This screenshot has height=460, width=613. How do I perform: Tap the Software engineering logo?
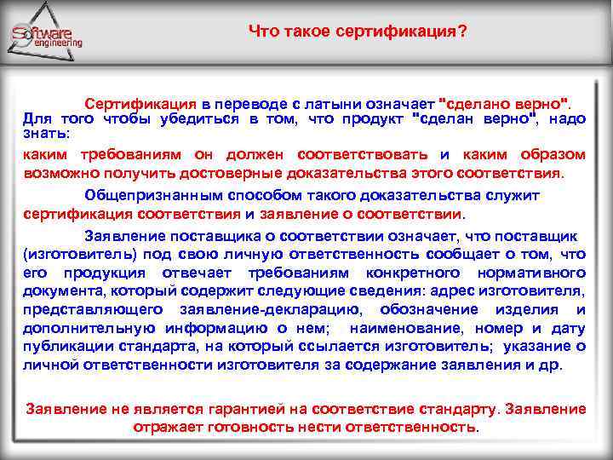47,34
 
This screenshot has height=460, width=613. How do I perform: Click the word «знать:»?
48,134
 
